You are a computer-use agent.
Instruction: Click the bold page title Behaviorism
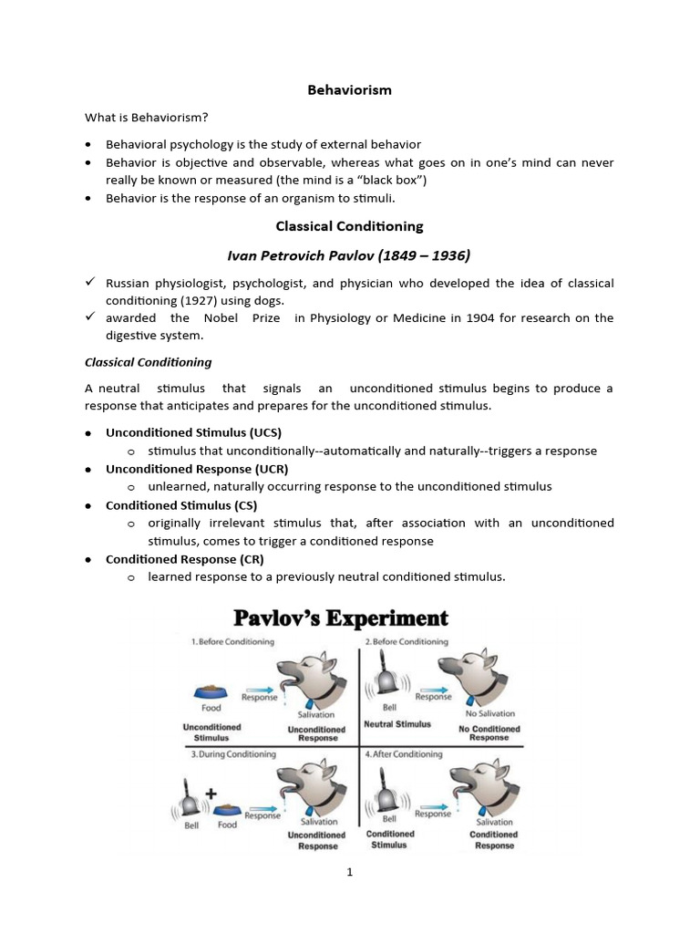click(349, 89)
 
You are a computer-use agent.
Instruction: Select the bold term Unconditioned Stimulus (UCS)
click(193, 432)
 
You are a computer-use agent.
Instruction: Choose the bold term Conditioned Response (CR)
click(184, 558)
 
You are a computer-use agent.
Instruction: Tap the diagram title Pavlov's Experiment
click(341, 618)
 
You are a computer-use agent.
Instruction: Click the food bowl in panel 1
click(211, 691)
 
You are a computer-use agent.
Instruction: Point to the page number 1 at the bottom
click(349, 872)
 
